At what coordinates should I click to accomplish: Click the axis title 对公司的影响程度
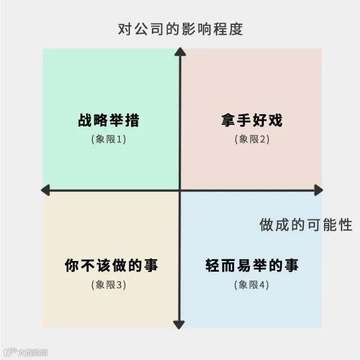pos(180,29)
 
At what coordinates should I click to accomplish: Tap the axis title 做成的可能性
pos(305,225)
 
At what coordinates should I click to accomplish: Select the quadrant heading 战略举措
pos(109,120)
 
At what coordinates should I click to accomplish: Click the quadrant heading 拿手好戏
pos(251,120)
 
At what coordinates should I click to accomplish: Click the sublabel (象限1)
pos(109,139)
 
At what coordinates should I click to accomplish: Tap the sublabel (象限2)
pos(251,139)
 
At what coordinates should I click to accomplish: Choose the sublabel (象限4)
pos(251,285)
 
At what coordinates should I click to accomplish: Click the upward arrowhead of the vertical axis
pos(179,52)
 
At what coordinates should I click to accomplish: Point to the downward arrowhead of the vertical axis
pos(179,325)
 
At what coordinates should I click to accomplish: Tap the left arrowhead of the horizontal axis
pos(45,191)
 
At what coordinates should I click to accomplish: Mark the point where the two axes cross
pos(179,191)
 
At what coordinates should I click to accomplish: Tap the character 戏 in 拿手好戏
pos(274,120)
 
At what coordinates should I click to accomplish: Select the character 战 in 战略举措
pos(85,120)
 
